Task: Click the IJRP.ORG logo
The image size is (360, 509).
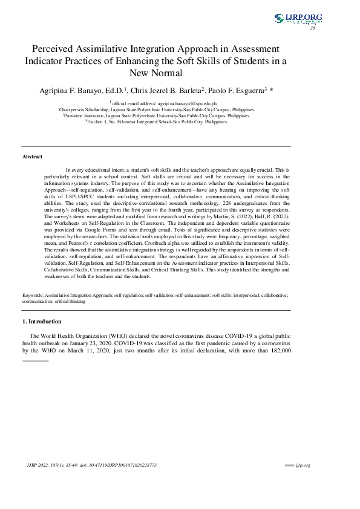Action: (298, 19)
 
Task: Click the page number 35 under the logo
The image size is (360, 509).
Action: (312, 28)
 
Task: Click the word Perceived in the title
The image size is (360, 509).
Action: (56, 48)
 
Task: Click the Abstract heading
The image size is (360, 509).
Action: (32, 157)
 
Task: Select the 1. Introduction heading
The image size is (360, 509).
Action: (41, 321)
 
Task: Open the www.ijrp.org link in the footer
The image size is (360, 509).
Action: (297, 465)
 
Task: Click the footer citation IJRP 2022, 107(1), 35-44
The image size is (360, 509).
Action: (54, 465)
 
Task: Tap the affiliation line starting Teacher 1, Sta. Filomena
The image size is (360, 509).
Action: (156, 122)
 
